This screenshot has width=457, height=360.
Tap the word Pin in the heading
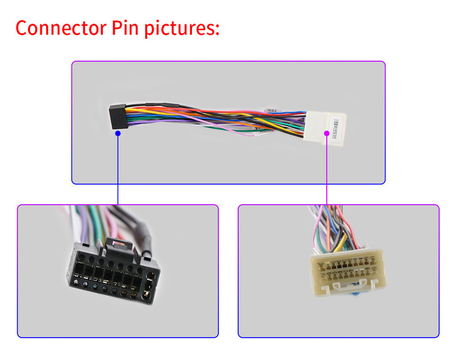coord(121,28)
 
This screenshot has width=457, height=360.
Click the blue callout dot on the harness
coord(118,133)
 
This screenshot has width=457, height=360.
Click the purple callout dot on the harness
coord(327,133)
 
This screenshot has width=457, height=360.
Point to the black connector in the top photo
coord(117,117)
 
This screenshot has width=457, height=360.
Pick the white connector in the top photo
coord(326,122)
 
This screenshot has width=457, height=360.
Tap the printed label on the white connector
coord(335,122)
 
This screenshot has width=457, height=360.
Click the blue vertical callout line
coord(118,171)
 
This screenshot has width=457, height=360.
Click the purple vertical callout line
coord(327,171)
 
